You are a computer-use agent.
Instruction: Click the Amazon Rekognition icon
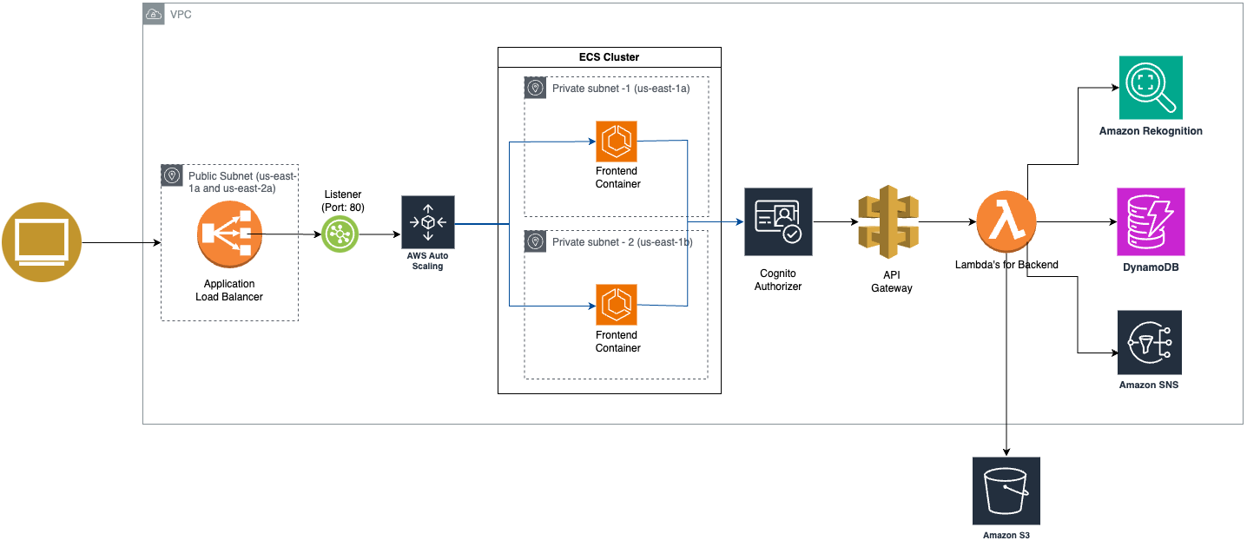pyautogui.click(x=1151, y=88)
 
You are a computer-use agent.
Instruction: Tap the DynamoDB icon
pyautogui.click(x=1151, y=221)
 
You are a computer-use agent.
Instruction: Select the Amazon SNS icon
pyautogui.click(x=1150, y=341)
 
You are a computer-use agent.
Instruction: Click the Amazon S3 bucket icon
pyautogui.click(x=1006, y=491)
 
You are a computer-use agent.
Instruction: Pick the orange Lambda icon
pyautogui.click(x=1006, y=222)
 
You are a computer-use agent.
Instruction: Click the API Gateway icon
pyautogui.click(x=887, y=222)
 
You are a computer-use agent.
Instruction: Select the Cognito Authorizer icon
pyautogui.click(x=778, y=221)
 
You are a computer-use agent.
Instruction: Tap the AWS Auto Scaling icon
pyautogui.click(x=427, y=222)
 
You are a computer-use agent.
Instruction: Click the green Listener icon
pyautogui.click(x=340, y=234)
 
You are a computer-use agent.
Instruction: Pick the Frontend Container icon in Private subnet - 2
pyautogui.click(x=617, y=305)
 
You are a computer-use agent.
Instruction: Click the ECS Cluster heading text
pyautogui.click(x=609, y=57)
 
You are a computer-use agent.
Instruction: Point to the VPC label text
pyautogui.click(x=181, y=15)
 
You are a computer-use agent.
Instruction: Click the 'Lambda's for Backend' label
pyautogui.click(x=1006, y=265)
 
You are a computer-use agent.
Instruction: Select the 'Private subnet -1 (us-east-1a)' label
pyautogui.click(x=620, y=89)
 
